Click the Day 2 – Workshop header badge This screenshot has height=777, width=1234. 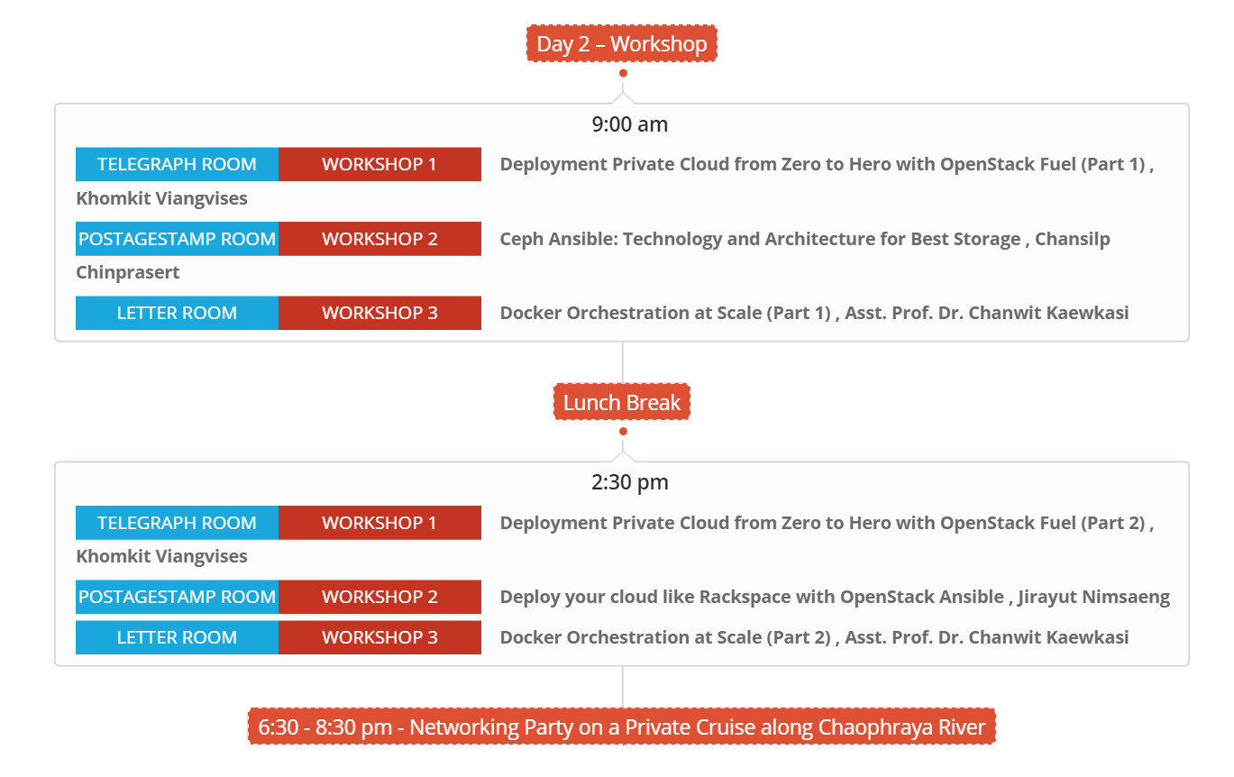[x=621, y=43]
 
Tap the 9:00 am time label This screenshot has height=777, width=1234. [x=630, y=124]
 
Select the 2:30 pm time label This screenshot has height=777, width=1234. [x=630, y=483]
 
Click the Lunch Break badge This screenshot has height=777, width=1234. [x=621, y=402]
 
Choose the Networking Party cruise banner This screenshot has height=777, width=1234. [x=621, y=727]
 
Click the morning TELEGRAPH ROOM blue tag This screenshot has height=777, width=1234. [x=177, y=164]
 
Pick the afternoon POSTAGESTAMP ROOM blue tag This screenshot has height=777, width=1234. [x=177, y=597]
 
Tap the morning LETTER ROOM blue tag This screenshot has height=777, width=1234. [x=177, y=313]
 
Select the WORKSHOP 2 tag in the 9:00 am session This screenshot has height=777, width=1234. [x=379, y=239]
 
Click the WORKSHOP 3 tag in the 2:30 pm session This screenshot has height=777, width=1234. [x=379, y=637]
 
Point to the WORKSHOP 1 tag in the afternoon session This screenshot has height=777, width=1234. [x=379, y=523]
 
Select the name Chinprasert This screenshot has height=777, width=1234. [x=128, y=272]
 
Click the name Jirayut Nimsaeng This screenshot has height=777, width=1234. [x=1093, y=597]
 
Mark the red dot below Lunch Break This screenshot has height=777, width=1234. [x=623, y=431]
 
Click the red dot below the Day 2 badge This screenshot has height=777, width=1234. [x=623, y=73]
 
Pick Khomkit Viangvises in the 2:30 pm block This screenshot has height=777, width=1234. [x=161, y=556]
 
